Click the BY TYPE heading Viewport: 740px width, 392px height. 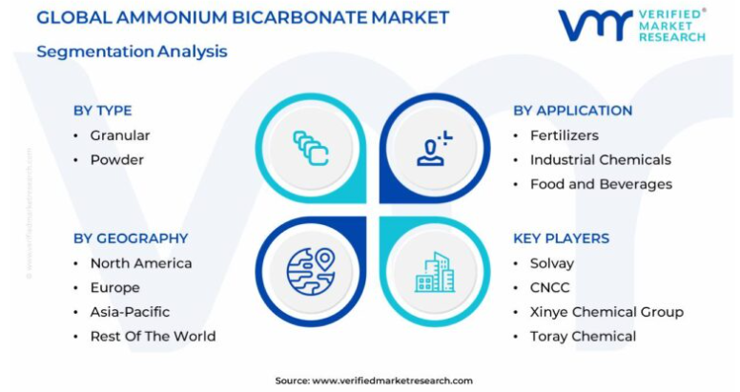[102, 111]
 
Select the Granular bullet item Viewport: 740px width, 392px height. [120, 135]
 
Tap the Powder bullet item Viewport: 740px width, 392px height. [117, 160]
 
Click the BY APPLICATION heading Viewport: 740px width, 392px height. [572, 111]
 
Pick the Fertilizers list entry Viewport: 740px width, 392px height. [564, 135]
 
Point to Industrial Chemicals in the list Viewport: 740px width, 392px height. [601, 160]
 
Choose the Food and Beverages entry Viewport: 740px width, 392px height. [601, 184]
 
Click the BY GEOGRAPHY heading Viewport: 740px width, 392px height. [131, 238]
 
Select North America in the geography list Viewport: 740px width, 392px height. [141, 263]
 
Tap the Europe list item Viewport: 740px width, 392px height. [115, 288]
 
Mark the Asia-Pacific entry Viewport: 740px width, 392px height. [130, 312]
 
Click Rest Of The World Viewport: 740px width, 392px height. [153, 337]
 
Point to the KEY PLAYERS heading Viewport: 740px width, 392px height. [561, 238]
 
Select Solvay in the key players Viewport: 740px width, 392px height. [552, 263]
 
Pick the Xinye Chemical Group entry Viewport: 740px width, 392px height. [606, 312]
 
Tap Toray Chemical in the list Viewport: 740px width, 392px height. [583, 337]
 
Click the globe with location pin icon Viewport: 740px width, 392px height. [311, 272]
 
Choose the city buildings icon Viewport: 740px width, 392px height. [435, 272]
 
